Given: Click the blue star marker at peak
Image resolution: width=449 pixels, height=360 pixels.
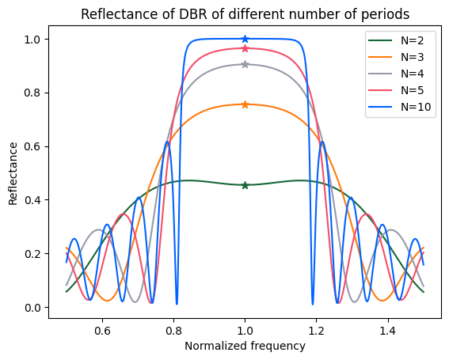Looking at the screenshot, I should tap(245, 39).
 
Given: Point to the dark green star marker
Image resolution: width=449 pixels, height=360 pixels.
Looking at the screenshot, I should tap(245, 185).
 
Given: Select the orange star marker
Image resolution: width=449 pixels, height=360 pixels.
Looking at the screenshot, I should tap(245, 104).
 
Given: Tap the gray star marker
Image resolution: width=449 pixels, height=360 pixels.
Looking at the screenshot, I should tap(245, 64).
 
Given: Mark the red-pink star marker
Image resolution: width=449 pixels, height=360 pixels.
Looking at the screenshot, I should tap(245, 48).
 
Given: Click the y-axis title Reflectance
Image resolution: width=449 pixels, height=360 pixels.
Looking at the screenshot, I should tap(13, 173).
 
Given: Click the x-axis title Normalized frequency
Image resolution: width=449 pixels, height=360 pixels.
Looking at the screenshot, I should tap(245, 346).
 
